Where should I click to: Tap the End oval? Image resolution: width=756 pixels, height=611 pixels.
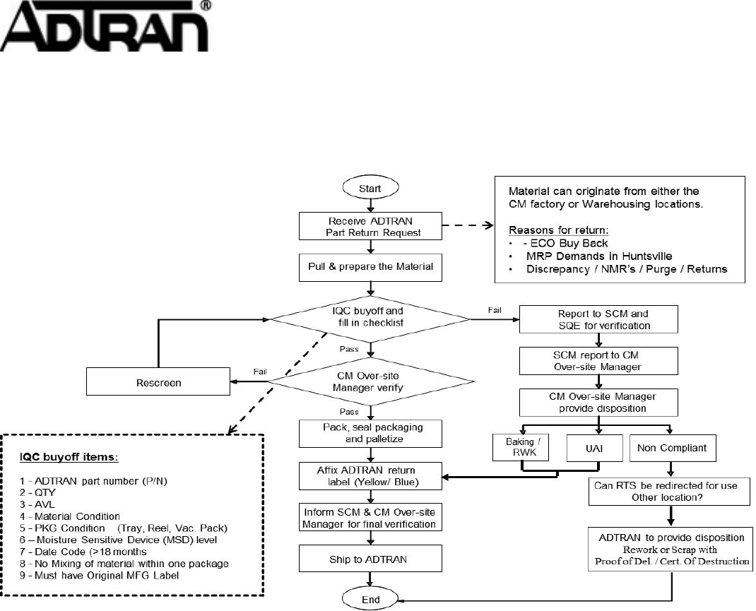[370, 600]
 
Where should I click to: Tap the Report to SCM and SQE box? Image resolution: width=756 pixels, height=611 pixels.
[598, 319]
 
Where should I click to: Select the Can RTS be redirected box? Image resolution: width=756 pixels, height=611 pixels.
[669, 491]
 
